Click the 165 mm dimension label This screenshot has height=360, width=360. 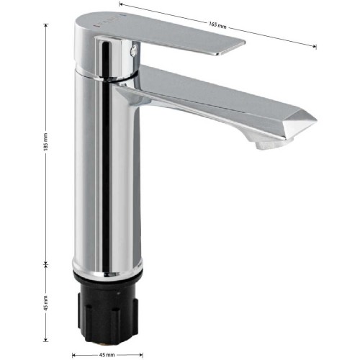[217, 24]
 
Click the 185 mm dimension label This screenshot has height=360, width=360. [46, 142]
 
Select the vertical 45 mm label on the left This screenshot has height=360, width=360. [46, 303]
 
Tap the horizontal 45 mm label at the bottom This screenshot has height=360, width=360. [107, 355]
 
